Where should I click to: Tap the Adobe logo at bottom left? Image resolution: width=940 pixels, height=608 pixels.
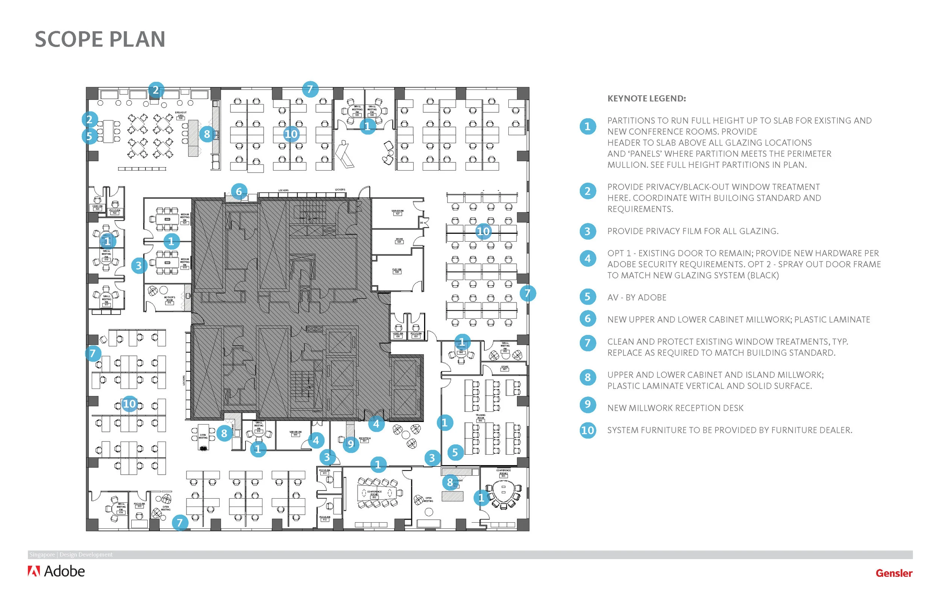pyautogui.click(x=56, y=571)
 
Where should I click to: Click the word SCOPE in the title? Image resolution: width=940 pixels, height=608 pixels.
pyautogui.click(x=68, y=39)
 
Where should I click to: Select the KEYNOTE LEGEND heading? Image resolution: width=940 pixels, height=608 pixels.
pyautogui.click(x=646, y=98)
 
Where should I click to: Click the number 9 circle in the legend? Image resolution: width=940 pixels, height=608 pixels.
pyautogui.click(x=587, y=405)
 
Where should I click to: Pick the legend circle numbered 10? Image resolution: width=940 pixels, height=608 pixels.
pyautogui.click(x=587, y=430)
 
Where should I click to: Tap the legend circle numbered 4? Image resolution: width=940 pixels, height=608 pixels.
pyautogui.click(x=587, y=259)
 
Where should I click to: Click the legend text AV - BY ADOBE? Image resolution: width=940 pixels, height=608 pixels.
pyautogui.click(x=637, y=297)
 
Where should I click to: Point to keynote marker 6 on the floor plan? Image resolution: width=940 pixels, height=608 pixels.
pyautogui.click(x=238, y=192)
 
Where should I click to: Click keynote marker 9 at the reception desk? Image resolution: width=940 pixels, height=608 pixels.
pyautogui.click(x=350, y=444)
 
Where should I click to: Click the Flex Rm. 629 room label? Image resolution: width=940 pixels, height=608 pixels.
pyautogui.click(x=397, y=271)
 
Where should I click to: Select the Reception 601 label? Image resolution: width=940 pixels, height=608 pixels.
pyautogui.click(x=365, y=439)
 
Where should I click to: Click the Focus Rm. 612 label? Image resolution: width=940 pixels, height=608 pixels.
pyautogui.click(x=324, y=517)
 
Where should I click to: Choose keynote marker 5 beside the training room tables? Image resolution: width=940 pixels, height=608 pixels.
pyautogui.click(x=455, y=452)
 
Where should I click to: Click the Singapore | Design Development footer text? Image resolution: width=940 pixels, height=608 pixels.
pyautogui.click(x=71, y=554)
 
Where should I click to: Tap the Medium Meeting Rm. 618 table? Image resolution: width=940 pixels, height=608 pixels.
pyautogui.click(x=167, y=263)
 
